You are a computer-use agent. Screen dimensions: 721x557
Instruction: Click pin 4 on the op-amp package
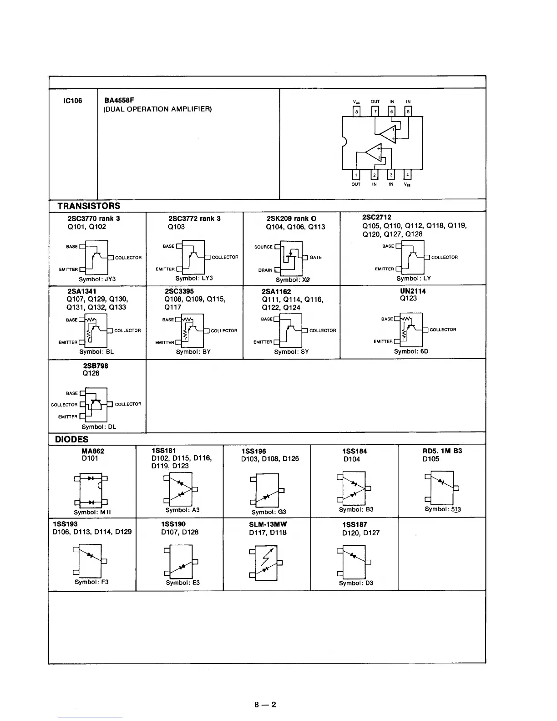point(407,175)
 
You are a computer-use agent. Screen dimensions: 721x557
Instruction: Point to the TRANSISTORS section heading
point(89,206)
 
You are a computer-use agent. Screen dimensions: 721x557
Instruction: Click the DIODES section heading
point(71,439)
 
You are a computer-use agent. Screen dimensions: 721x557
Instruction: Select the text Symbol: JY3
point(97,279)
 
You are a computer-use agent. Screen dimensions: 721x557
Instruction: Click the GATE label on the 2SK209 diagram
point(315,258)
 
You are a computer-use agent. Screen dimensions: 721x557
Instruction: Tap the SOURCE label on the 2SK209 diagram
point(263,247)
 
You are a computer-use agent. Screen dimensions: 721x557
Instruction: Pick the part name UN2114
point(413,291)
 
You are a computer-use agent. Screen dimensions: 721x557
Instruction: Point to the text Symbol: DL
point(99,427)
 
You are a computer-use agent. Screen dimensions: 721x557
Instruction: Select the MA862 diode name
point(92,451)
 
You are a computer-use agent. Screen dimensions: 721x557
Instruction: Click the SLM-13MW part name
point(268,524)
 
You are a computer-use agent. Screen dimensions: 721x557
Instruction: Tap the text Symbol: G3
point(269,512)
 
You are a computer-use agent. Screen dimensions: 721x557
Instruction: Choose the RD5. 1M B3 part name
point(442,451)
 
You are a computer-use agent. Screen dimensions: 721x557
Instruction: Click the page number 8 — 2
point(265,705)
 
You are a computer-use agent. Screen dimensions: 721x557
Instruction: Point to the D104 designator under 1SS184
point(352,459)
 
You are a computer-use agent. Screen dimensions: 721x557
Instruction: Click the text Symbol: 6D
point(411,351)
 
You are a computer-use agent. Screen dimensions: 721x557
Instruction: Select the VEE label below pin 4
point(407,185)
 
